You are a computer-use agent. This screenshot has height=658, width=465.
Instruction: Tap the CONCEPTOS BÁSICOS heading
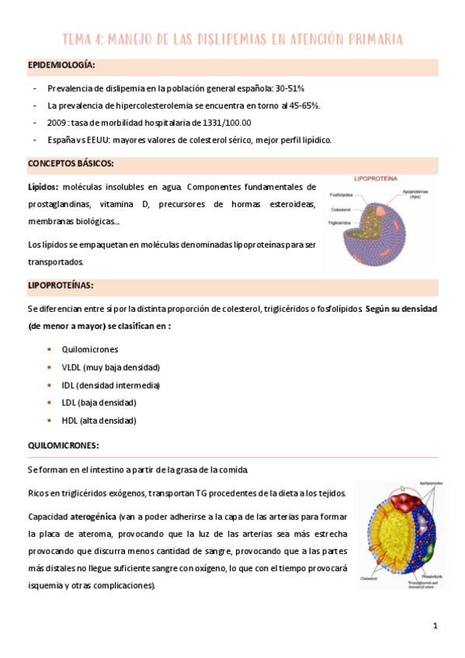[x=71, y=164]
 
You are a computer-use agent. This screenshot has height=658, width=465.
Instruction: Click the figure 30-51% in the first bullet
[x=286, y=88]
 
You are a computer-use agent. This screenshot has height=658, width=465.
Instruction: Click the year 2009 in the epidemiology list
[x=57, y=123]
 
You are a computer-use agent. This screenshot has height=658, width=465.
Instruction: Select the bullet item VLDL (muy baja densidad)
[x=110, y=367]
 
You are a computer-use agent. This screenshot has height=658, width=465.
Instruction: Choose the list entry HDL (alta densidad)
[x=99, y=421]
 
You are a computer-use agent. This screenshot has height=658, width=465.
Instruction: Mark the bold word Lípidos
[x=43, y=187]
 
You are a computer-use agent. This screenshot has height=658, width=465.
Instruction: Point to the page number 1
[x=436, y=625]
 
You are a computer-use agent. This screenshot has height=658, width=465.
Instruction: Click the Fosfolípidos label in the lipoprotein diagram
[x=342, y=195]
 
